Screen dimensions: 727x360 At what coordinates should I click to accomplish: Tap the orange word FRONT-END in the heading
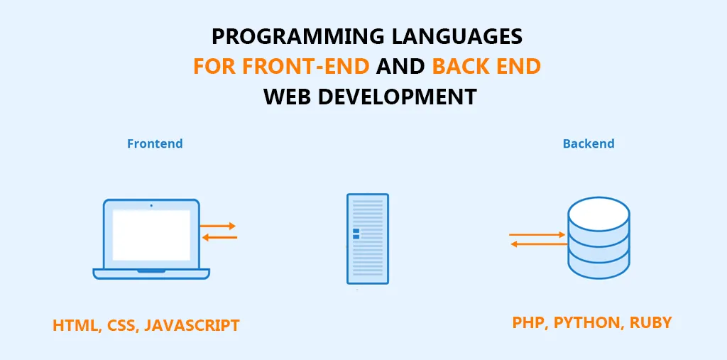click(305, 67)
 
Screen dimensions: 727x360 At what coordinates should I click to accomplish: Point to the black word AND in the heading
click(400, 67)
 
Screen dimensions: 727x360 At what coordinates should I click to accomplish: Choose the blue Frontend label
click(155, 143)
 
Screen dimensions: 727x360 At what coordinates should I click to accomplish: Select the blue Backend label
click(589, 143)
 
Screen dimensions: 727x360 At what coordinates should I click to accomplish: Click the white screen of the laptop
click(151, 235)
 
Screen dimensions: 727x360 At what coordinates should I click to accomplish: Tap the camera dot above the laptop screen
click(151, 205)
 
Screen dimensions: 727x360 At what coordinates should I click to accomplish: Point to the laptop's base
click(151, 273)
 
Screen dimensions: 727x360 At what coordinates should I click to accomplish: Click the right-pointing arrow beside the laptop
click(218, 227)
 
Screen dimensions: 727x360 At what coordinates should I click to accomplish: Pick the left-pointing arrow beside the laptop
click(220, 238)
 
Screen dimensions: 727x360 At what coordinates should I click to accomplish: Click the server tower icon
click(368, 239)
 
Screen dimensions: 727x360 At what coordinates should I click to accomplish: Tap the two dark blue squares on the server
click(356, 234)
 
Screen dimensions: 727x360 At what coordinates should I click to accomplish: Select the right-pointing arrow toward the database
click(537, 235)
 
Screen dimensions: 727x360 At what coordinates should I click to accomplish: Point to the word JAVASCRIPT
click(192, 325)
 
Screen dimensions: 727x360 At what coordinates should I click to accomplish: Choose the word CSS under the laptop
click(122, 325)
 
